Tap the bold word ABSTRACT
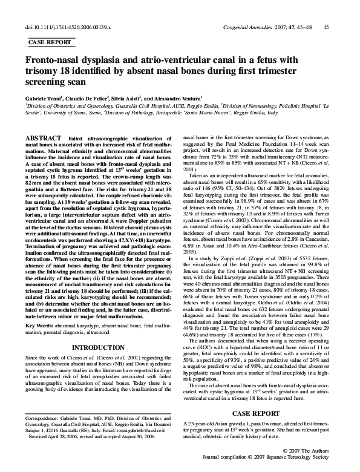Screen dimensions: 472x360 tap(45, 139)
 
